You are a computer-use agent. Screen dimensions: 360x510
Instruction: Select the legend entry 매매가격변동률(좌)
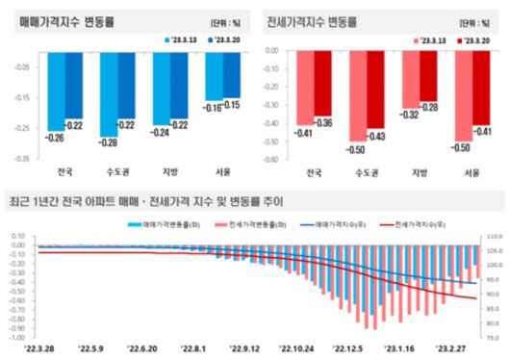click(x=161, y=223)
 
